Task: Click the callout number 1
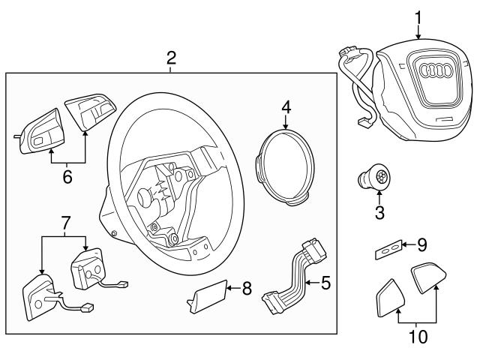coord(418,14)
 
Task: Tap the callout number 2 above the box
coord(171,58)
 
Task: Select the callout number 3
coord(379,212)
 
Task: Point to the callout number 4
coord(286,107)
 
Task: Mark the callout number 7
coord(65,223)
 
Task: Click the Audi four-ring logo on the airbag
coord(435,73)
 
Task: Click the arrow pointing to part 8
coord(231,286)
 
